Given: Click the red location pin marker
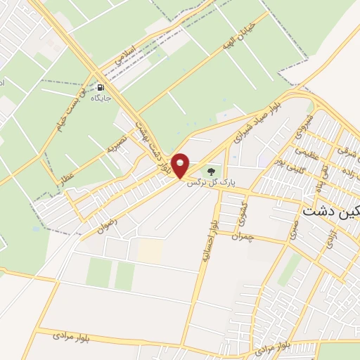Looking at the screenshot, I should tap(181, 165).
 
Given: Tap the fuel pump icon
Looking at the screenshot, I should tap(101, 89).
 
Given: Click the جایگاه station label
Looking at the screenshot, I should tap(101, 98).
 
